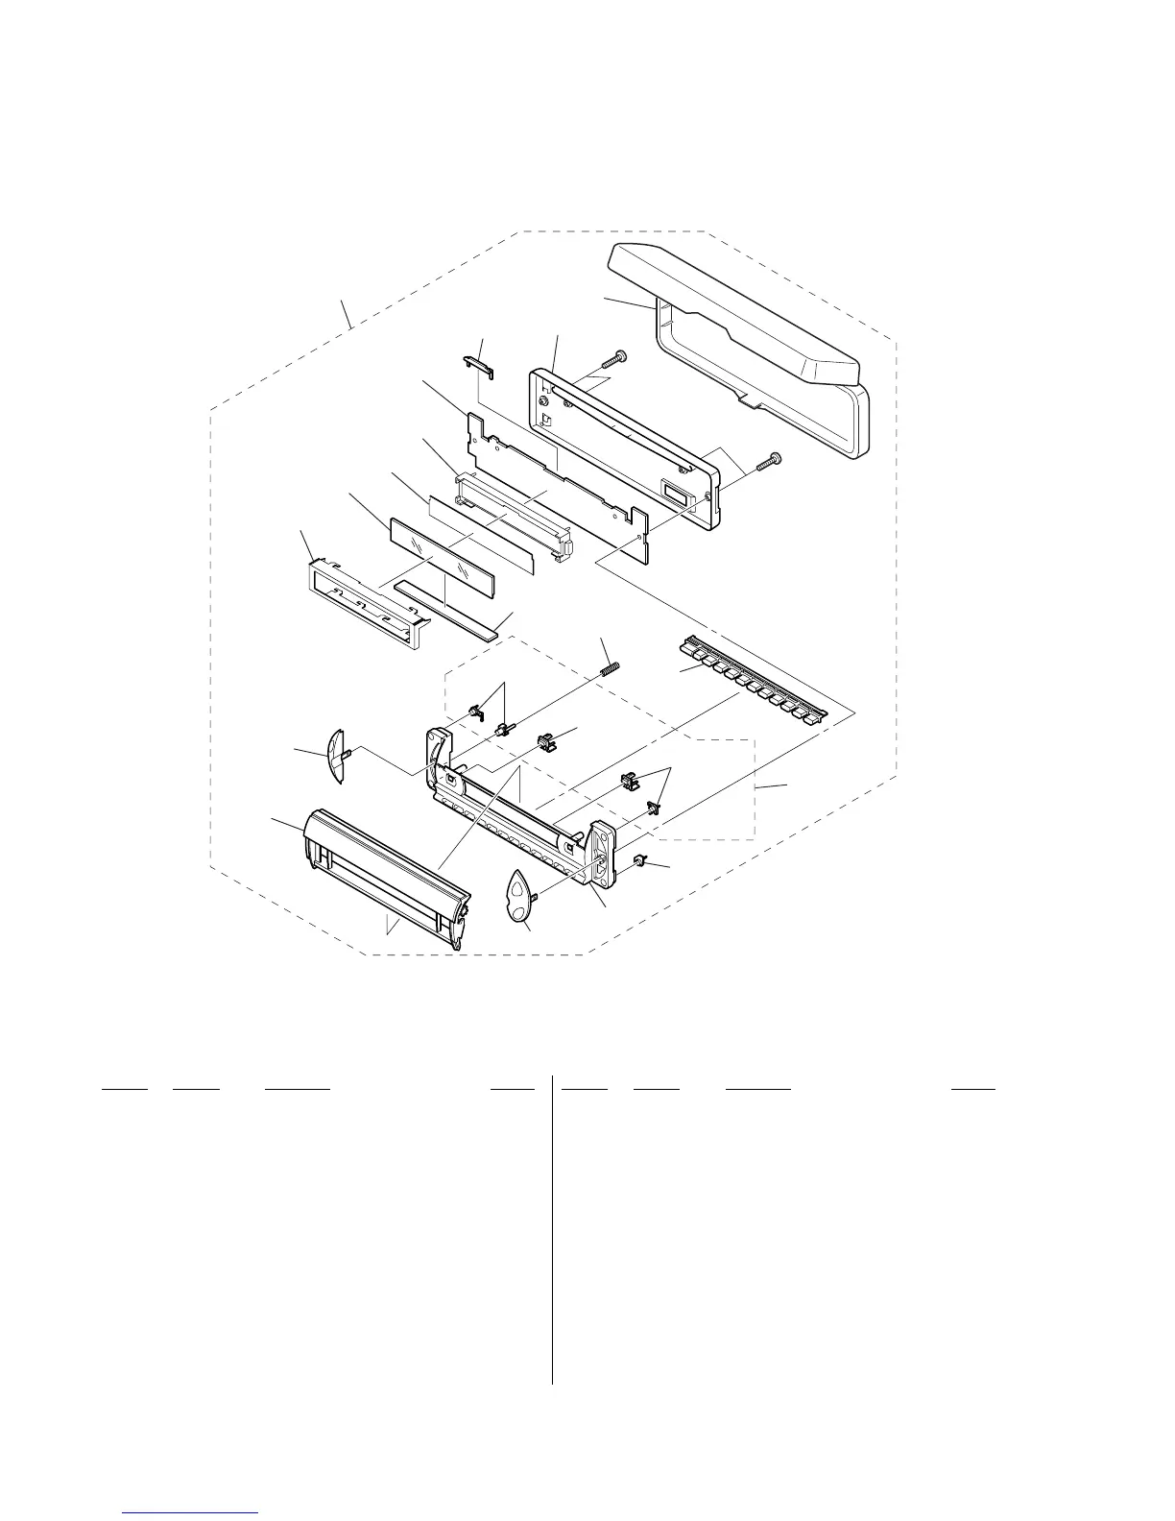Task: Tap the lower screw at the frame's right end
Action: click(x=769, y=461)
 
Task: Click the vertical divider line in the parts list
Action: click(x=553, y=1229)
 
